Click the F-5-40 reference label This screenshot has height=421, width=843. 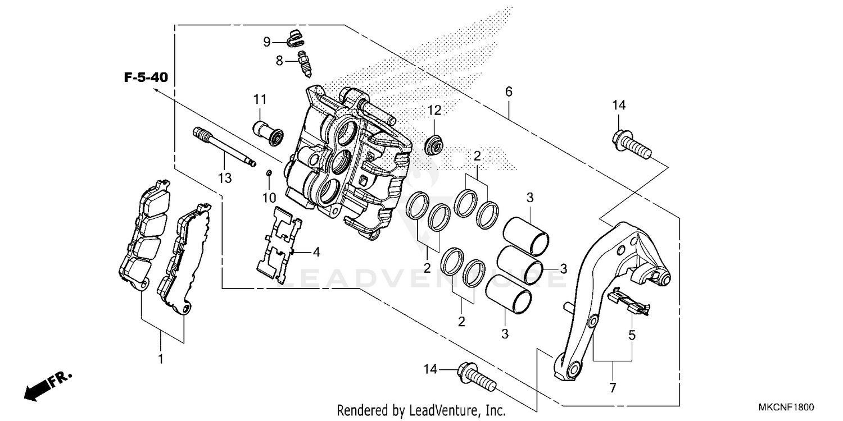[146, 77]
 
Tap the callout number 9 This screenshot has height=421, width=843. [268, 42]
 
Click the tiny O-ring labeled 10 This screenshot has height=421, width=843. [269, 173]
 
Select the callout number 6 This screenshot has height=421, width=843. [509, 91]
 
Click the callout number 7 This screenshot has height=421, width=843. [613, 387]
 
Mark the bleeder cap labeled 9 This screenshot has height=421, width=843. [295, 39]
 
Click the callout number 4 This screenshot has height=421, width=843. [316, 252]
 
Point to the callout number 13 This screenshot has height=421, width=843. [225, 179]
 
